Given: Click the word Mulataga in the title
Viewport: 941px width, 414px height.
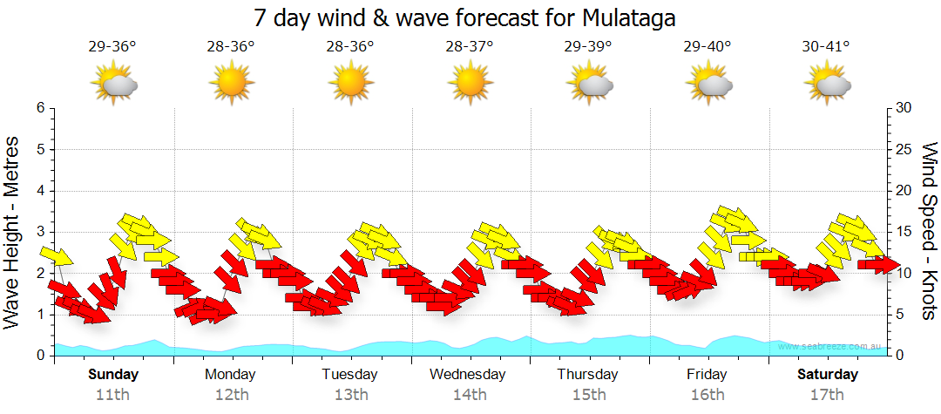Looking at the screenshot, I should coord(625,17).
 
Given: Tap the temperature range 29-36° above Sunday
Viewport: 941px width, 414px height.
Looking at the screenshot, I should coord(112,46).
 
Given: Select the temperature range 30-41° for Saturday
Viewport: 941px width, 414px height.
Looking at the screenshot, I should coord(826,46).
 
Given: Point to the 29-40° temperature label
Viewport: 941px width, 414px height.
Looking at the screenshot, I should coord(707,46).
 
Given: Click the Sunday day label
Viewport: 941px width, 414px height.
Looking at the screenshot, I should coord(112,375).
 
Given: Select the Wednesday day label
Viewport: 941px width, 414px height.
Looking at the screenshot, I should coord(469,375).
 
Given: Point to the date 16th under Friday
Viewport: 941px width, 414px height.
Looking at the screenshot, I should coord(707,394).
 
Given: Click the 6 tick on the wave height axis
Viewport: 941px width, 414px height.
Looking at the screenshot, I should coord(40,108).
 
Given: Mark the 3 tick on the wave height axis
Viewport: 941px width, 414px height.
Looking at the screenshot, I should coord(40,232).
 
